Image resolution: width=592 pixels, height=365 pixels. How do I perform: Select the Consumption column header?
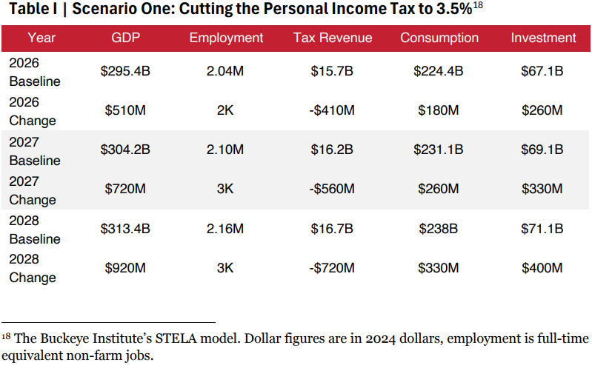pyautogui.click(x=439, y=38)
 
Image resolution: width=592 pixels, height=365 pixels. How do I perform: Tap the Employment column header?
pyautogui.click(x=226, y=38)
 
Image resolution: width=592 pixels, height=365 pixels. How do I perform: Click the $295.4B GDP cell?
pyautogui.click(x=126, y=72)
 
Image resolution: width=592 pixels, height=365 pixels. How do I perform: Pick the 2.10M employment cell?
pyautogui.click(x=226, y=150)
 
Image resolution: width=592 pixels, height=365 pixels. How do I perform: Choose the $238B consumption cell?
pyautogui.click(x=439, y=229)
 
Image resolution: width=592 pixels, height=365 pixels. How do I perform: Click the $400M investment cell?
pyautogui.click(x=542, y=268)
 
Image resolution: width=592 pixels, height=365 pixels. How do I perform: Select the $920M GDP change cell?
pyautogui.click(x=126, y=268)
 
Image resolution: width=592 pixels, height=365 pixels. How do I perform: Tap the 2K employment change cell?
pyautogui.click(x=226, y=111)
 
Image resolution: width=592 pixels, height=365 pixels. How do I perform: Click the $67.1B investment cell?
pyautogui.click(x=542, y=72)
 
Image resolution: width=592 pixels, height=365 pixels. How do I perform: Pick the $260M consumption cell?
pyautogui.click(x=439, y=190)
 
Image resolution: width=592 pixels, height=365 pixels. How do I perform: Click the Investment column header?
pyautogui.click(x=542, y=38)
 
